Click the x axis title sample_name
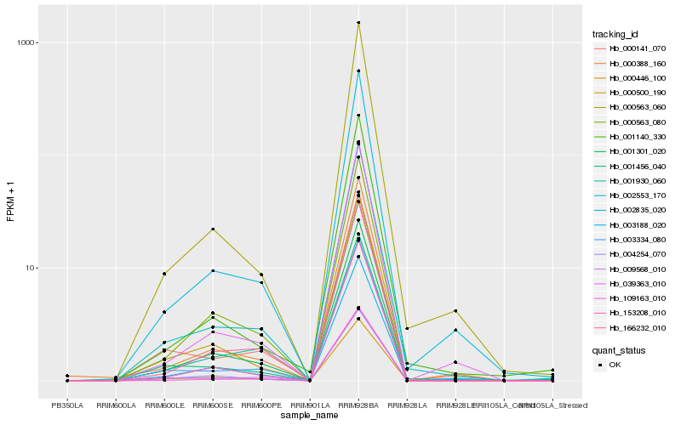point(310,416)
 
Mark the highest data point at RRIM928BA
point(358,23)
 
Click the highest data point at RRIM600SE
point(213,229)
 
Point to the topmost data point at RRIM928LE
point(455,311)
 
